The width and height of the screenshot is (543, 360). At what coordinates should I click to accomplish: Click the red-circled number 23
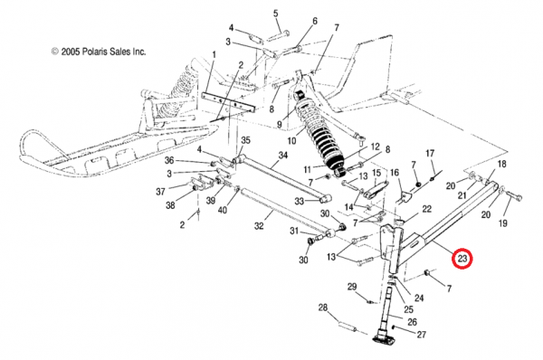462,259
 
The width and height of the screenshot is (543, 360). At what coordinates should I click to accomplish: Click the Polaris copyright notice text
99,52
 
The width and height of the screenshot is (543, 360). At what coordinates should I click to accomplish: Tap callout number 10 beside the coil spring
292,141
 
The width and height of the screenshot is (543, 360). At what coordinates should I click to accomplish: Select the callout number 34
283,155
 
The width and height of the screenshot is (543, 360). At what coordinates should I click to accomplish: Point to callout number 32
259,226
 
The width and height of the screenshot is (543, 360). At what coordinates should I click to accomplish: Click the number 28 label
323,308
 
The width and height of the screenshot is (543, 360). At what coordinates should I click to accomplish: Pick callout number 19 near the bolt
502,223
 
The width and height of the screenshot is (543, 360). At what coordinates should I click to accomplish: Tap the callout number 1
214,54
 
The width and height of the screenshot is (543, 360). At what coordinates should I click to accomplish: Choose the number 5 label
276,14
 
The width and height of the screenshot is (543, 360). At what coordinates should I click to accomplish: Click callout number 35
245,140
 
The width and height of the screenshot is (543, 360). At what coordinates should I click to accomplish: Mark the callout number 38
170,205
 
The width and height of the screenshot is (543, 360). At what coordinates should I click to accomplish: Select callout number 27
421,335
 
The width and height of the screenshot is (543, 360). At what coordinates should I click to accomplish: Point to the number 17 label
430,153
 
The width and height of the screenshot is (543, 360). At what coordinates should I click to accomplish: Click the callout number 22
426,209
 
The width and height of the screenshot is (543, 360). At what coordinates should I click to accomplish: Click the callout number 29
352,287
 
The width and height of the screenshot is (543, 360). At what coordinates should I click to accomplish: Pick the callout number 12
375,147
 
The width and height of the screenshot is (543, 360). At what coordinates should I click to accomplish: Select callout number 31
294,231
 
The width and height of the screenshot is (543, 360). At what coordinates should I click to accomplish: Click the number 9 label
280,124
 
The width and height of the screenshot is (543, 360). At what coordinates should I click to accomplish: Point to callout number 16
395,173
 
